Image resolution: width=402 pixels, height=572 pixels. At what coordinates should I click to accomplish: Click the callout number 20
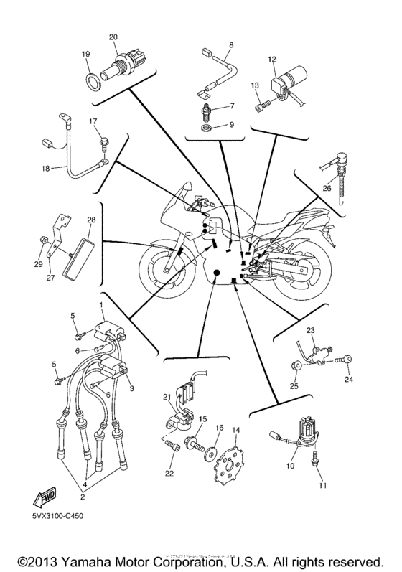pos(113,37)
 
